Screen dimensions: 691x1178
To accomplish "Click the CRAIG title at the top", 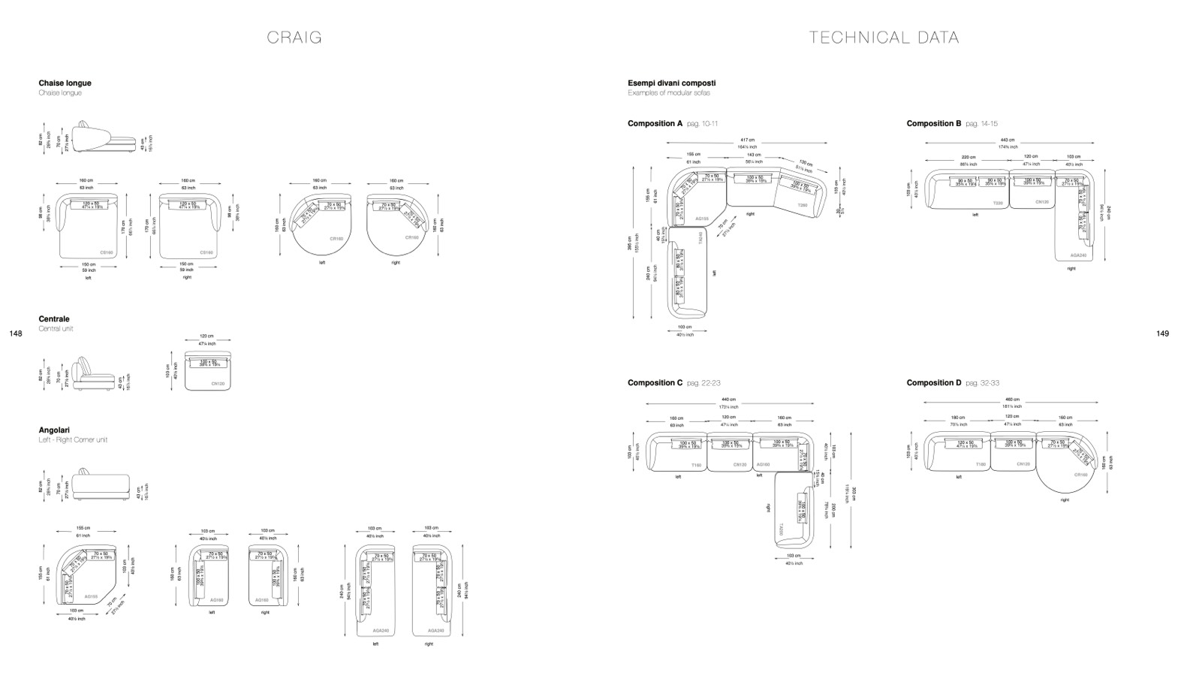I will click(x=294, y=38).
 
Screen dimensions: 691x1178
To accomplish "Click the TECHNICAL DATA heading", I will click(x=884, y=38).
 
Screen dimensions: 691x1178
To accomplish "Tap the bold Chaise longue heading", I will click(x=65, y=83).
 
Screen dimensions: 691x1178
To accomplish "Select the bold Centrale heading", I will click(x=54, y=319).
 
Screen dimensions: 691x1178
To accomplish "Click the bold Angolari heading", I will click(x=54, y=430).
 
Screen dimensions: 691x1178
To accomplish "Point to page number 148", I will click(x=16, y=333).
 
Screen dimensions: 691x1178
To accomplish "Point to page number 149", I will click(x=1162, y=333).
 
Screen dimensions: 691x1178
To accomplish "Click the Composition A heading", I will click(x=655, y=123).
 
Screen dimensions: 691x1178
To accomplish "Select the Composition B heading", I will click(x=933, y=123).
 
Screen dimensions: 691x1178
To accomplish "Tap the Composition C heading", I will click(x=655, y=383).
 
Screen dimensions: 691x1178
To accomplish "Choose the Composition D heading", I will click(x=933, y=383).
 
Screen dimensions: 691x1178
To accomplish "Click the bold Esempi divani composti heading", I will click(x=671, y=83).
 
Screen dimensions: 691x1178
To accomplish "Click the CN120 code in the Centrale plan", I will click(x=218, y=384).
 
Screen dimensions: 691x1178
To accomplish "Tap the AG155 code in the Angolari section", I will click(x=91, y=596).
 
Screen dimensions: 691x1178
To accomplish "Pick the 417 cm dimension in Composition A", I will click(x=747, y=140).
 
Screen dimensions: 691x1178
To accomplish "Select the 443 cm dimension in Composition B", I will click(x=1007, y=140).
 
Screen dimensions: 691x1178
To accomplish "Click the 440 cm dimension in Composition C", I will click(x=728, y=400).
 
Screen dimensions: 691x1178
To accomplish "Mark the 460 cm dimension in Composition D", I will click(x=1012, y=400).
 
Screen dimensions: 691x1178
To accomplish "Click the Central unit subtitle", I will click(x=56, y=329).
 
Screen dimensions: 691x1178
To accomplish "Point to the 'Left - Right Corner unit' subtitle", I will click(x=73, y=440).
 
